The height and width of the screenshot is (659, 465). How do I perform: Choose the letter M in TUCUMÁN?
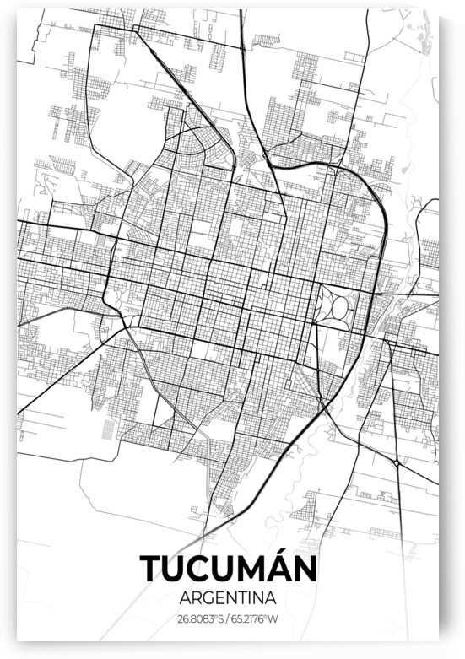pyautogui.click(x=258, y=569)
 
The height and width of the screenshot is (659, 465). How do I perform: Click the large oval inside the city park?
pyautogui.click(x=339, y=308)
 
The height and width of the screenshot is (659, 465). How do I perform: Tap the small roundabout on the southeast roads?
pyautogui.click(x=397, y=462)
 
